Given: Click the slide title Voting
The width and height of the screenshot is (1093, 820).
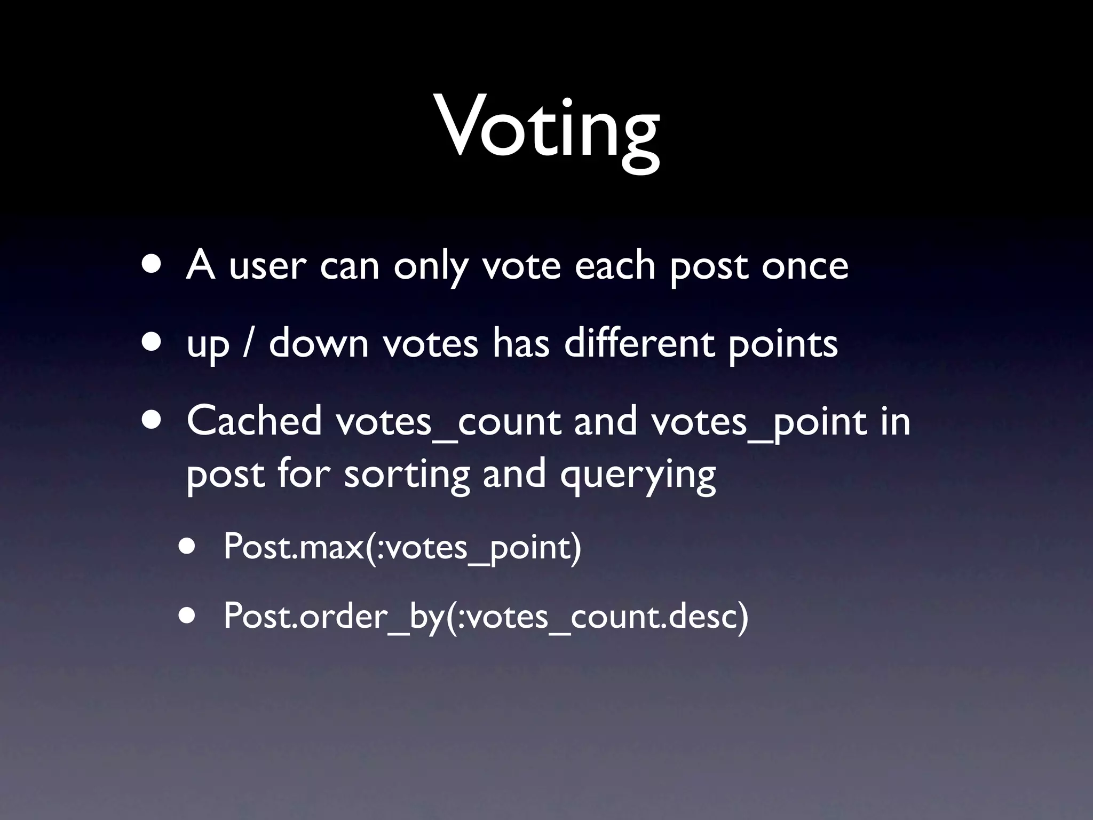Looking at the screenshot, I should point(548,130).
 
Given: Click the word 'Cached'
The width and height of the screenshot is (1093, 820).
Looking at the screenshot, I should point(254,421).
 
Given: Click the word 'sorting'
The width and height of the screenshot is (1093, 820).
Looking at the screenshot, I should point(407,475).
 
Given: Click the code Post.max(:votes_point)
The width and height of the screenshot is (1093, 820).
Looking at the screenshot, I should point(402,547).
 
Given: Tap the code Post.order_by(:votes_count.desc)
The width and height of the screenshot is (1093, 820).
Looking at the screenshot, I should point(486,616).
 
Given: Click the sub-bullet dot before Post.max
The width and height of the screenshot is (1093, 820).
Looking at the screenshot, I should point(187,547).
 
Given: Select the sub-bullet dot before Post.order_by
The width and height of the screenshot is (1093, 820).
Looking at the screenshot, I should point(187,616).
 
